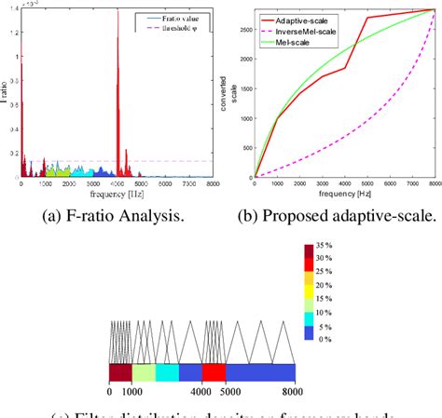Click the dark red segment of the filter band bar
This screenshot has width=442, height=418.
pos(120,372)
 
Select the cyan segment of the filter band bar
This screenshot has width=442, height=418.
pos(167,372)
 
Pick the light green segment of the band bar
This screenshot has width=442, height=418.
pos(144,372)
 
